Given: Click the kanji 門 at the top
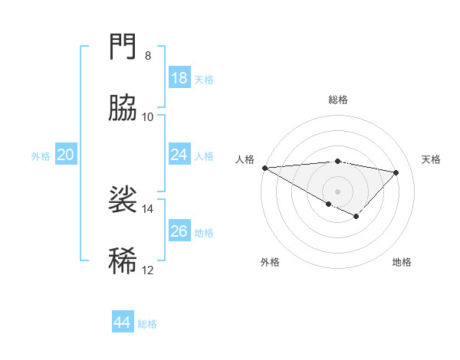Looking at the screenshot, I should tap(123, 48).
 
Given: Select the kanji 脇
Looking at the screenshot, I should tap(123, 110).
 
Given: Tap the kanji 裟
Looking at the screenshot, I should tap(123, 201).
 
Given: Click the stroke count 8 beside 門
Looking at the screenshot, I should tap(148, 56).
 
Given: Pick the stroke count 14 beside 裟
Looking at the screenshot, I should tap(147, 208).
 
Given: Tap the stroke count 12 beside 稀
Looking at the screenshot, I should tap(147, 270).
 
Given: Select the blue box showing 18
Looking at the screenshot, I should tap(179, 78).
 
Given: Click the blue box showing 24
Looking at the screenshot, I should tap(179, 155).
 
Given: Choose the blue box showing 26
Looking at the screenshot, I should tap(179, 231).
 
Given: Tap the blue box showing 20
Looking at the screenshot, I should tap(66, 155).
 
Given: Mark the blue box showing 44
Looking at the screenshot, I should tap(123, 323).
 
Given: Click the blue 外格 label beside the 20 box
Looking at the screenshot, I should tap(41, 155).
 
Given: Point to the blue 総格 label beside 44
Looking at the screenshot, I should tap(147, 324).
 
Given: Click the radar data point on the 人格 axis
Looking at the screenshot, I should tap(264, 168).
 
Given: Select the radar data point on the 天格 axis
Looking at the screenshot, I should tap(396, 172).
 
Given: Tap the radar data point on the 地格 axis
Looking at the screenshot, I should tap(356, 218).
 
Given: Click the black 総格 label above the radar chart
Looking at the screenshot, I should tap(338, 100).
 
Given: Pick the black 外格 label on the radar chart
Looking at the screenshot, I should tap(270, 262).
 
